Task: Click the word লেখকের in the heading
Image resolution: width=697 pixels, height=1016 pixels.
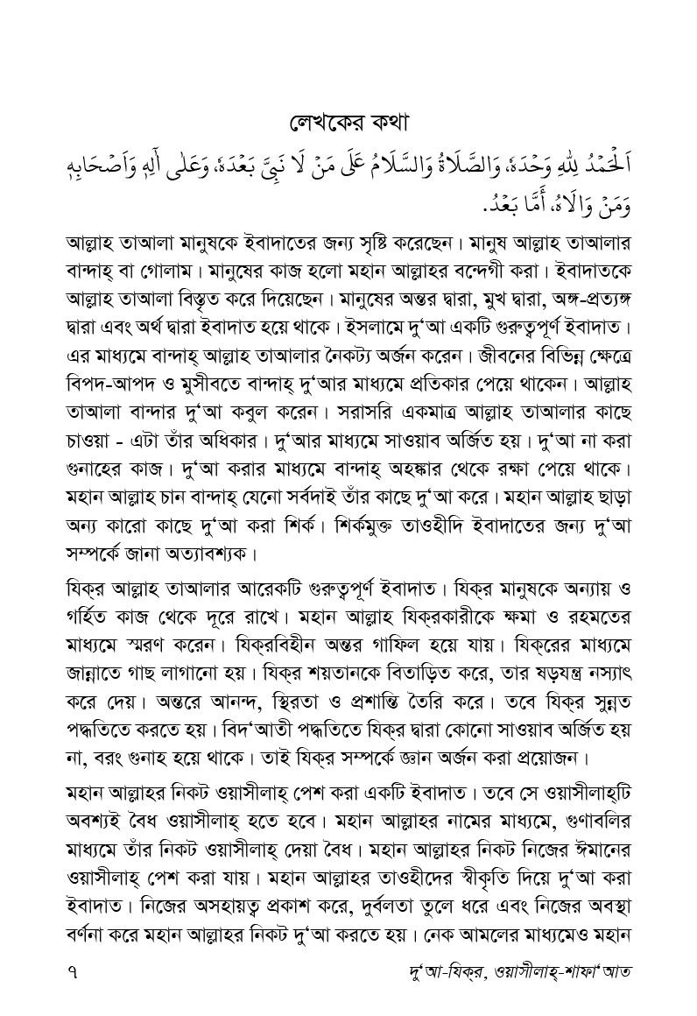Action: pyautogui.click(x=326, y=120)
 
